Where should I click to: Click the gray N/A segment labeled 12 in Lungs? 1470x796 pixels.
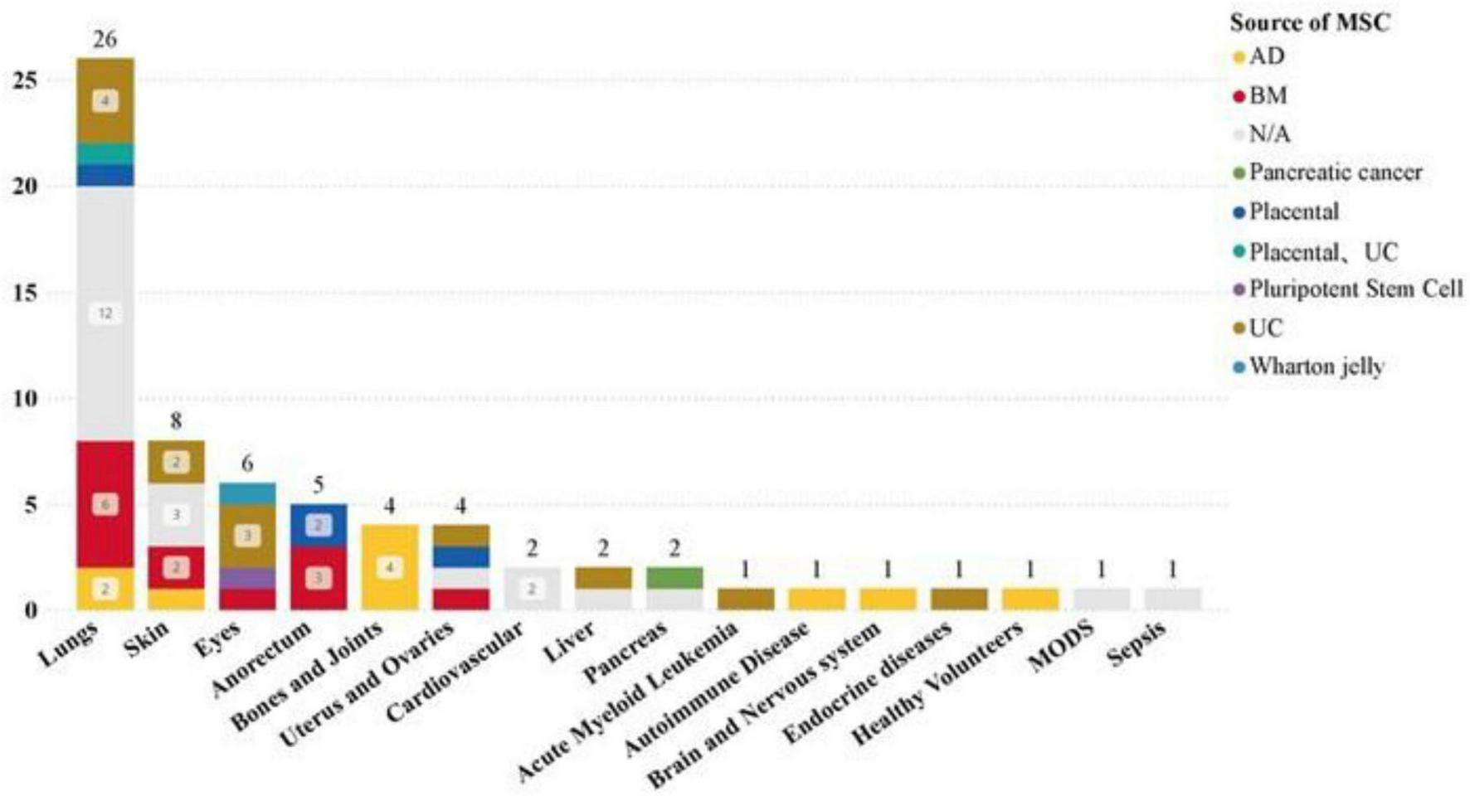click(x=105, y=313)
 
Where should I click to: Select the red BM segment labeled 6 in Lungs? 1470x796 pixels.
click(x=105, y=504)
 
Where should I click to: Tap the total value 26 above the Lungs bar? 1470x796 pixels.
click(x=105, y=39)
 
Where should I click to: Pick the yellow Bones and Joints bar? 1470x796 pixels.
click(x=390, y=567)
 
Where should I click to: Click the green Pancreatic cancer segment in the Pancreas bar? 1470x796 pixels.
click(x=674, y=578)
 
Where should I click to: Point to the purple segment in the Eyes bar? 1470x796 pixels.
click(x=247, y=578)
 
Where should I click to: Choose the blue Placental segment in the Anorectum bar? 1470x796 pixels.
click(x=319, y=525)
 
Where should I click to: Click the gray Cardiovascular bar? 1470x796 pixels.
click(x=533, y=589)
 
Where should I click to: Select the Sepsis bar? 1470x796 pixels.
click(x=1173, y=599)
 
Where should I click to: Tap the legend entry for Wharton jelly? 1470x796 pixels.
click(x=1316, y=366)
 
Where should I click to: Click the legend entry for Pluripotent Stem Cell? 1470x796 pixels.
click(x=1356, y=289)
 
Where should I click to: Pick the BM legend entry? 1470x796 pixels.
click(x=1268, y=96)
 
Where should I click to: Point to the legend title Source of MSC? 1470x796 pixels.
click(x=1309, y=22)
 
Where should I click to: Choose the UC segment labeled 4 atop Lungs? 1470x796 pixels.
click(x=105, y=101)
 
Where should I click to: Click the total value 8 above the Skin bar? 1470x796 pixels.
click(x=176, y=421)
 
